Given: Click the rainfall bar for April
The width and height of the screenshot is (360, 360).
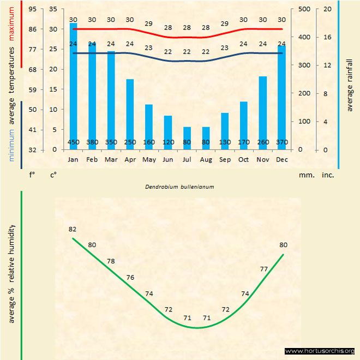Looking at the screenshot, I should (130, 114).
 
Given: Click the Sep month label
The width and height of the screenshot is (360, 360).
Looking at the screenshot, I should (225, 160).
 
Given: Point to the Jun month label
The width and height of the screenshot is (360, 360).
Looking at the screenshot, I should (168, 160).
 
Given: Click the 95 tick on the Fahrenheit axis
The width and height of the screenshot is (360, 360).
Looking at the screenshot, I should (33, 9).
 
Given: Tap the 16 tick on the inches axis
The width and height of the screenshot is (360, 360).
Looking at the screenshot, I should (326, 38).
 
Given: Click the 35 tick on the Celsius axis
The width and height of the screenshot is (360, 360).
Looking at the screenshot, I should (53, 9).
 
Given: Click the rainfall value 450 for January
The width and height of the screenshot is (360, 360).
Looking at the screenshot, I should (73, 143).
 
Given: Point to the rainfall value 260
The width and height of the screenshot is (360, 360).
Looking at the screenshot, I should (263, 143).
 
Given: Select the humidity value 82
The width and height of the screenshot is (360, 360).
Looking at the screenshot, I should (73, 229).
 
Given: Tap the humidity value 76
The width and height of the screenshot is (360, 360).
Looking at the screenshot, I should (130, 278).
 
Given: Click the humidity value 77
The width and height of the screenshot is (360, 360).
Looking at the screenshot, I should (263, 269).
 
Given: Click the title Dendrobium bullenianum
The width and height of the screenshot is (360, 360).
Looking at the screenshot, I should (179, 187).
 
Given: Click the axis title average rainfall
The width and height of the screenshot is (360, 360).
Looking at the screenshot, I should (350, 83).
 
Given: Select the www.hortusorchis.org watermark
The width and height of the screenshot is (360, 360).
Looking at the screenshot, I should (320, 351).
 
